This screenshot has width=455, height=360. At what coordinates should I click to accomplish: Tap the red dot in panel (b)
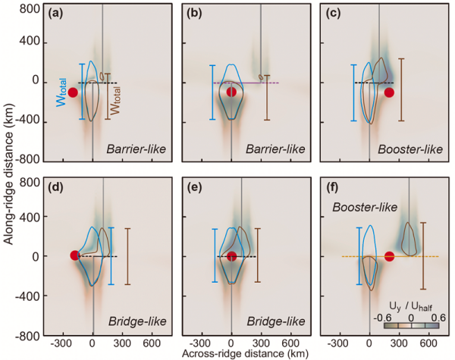click(x=232, y=92)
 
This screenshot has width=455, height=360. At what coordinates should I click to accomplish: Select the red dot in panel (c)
click(x=390, y=92)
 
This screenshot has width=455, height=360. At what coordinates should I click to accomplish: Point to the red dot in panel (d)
click(x=74, y=255)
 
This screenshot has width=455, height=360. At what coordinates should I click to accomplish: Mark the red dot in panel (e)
click(x=232, y=256)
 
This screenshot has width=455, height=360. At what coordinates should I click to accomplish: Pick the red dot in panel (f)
click(x=390, y=256)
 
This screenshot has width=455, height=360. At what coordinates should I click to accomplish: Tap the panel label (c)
click(x=337, y=13)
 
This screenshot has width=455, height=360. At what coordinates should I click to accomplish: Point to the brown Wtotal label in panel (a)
click(x=116, y=96)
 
